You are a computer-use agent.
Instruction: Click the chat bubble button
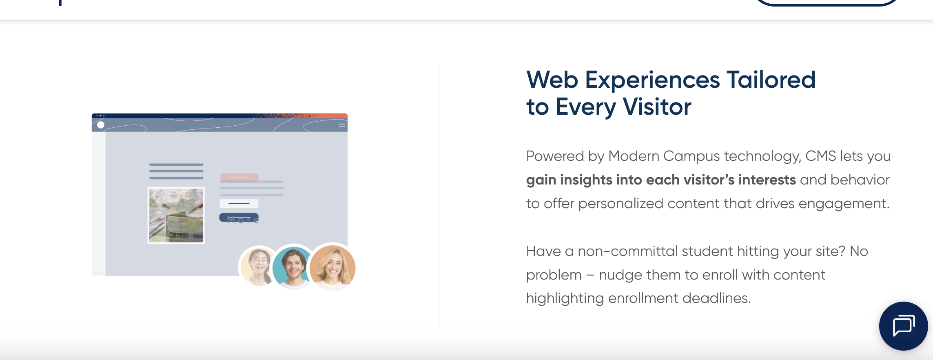903,326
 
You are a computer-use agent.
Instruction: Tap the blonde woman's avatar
332,268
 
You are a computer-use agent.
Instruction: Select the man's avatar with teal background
293,268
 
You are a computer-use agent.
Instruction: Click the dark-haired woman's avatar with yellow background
258,267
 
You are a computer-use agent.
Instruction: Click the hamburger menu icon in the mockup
342,125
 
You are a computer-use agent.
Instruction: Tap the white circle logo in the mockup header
101,125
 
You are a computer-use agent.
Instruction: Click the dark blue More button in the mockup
239,218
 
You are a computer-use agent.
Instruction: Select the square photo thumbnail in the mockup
176,215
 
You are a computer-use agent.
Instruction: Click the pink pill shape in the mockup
239,177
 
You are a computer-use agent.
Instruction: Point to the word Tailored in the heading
771,80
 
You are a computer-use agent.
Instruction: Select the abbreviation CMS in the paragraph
821,156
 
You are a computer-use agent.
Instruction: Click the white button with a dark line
239,203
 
